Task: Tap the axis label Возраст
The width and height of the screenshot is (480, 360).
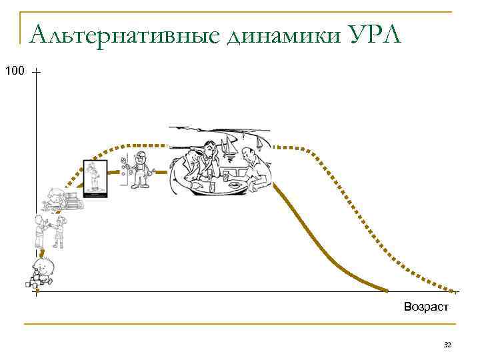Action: [426, 307]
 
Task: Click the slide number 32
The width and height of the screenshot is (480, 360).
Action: [447, 345]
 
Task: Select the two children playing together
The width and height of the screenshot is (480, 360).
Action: [50, 231]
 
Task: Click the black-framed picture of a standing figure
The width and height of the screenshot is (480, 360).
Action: [94, 179]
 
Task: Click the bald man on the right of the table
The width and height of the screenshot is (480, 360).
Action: [256, 167]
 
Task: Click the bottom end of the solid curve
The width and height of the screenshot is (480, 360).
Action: [387, 291]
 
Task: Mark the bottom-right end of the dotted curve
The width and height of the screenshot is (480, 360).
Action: [457, 291]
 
